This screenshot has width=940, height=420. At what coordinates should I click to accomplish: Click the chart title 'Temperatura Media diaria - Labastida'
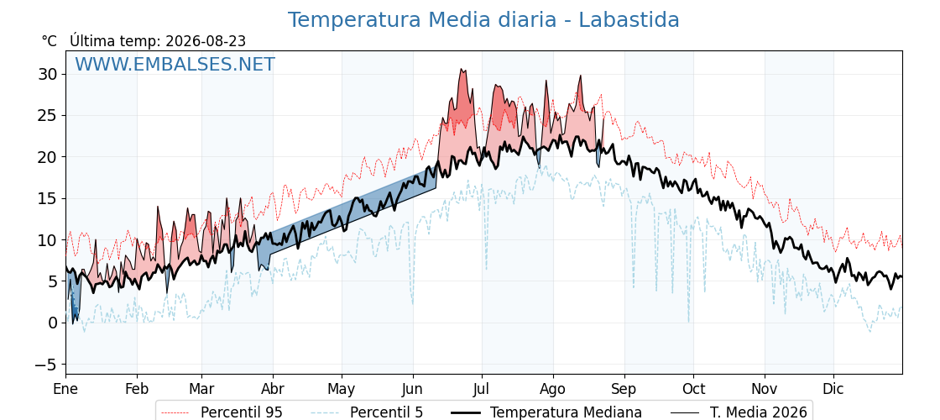coord(483,20)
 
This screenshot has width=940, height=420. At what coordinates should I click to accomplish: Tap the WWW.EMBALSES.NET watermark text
coord(175,64)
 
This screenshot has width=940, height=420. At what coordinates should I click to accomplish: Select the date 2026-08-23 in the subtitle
coord(206,41)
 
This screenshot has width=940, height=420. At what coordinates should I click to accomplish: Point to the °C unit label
coord(50,41)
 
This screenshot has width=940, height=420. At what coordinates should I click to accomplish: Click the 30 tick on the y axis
coord(48,75)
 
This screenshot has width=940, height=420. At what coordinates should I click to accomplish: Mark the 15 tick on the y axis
coord(48,198)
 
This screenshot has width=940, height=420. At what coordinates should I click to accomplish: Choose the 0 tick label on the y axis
coord(53,323)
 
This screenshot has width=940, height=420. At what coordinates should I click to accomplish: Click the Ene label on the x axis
coord(66,390)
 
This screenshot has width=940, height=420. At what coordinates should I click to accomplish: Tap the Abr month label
coord(273,390)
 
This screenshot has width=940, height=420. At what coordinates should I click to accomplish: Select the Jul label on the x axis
coord(482,390)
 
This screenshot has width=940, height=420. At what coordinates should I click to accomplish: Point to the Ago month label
coord(553,390)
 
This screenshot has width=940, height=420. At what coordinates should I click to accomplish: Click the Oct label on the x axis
coord(693,390)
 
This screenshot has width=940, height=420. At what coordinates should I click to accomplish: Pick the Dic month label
coord(834,390)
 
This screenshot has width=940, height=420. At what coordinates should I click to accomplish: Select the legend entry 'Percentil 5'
coord(368,412)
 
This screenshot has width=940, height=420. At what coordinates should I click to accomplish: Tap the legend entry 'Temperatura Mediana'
coord(546,412)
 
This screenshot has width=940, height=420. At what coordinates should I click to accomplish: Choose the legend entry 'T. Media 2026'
coord(739,412)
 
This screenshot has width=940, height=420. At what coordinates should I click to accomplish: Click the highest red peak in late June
coord(461,69)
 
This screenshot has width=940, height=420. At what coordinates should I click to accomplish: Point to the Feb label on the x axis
coord(138,390)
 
